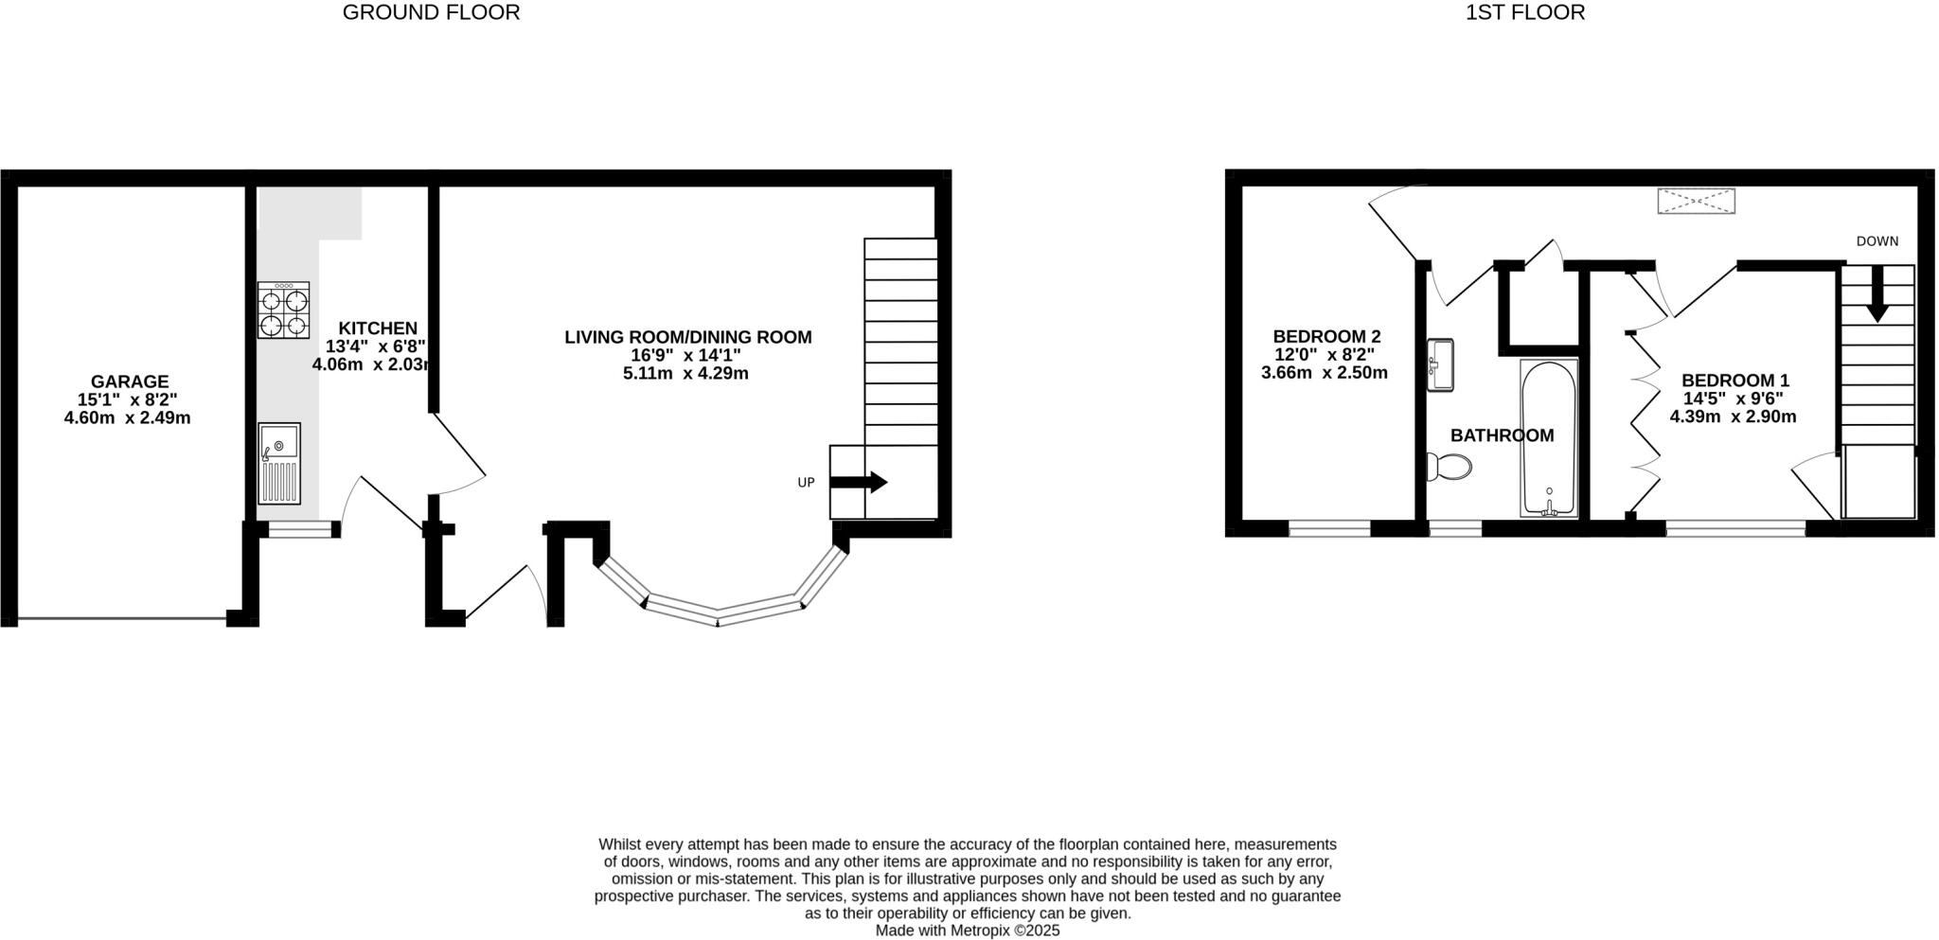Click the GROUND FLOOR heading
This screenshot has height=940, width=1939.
click(431, 13)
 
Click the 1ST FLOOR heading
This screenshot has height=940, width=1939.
click(1525, 13)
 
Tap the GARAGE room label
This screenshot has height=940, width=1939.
click(130, 381)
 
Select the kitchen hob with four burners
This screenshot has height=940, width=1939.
click(284, 310)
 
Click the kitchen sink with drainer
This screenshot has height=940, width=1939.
click(279, 463)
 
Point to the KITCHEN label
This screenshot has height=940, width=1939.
click(378, 328)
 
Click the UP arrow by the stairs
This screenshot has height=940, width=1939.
click(859, 483)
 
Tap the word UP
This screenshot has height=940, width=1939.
click(806, 483)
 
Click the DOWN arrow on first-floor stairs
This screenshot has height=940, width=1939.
click(1876, 295)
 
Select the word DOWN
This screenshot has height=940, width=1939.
click(1877, 241)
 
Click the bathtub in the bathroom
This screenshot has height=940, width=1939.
click(1549, 437)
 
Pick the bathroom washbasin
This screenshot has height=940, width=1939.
click(1440, 364)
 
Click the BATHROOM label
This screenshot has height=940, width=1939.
click(1502, 435)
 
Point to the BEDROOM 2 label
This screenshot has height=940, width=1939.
click(1326, 336)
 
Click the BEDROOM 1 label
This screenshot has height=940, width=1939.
click(1734, 381)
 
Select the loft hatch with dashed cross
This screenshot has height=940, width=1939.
click(1696, 202)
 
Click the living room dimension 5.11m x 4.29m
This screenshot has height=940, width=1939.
click(685, 374)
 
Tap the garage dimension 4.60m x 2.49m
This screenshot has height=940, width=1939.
click(127, 417)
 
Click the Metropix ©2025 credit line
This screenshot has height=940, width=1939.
click(967, 931)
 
